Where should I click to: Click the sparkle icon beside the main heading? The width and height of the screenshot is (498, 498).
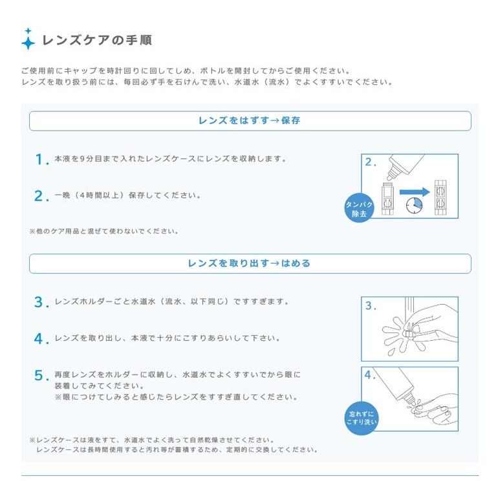pyautogui.click(x=28, y=39)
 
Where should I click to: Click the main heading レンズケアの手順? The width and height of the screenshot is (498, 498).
pyautogui.click(x=96, y=40)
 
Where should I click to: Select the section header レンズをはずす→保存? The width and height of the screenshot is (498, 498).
pyautogui.click(x=250, y=121)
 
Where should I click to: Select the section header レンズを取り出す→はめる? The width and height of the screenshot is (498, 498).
pyautogui.click(x=250, y=263)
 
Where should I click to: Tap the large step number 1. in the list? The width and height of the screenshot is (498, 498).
pyautogui.click(x=41, y=159)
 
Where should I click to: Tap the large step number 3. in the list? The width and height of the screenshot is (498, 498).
pyautogui.click(x=41, y=302)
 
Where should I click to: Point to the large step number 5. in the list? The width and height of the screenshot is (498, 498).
pyautogui.click(x=41, y=376)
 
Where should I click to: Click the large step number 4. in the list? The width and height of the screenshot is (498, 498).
pyautogui.click(x=41, y=339)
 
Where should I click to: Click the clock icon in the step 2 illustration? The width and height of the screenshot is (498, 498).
pyautogui.click(x=413, y=205)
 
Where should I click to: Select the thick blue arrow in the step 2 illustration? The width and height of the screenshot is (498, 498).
pyautogui.click(x=414, y=191)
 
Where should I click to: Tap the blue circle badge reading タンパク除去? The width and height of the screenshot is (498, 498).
pyautogui.click(x=358, y=208)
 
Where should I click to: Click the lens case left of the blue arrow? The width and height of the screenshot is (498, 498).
pyautogui.click(x=389, y=199)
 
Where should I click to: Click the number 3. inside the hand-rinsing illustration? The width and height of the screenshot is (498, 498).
pyautogui.click(x=370, y=306)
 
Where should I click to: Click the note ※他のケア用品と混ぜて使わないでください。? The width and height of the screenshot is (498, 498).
pyautogui.click(x=103, y=231)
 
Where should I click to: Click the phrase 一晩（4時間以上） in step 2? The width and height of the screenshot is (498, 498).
pyautogui.click(x=87, y=195)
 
